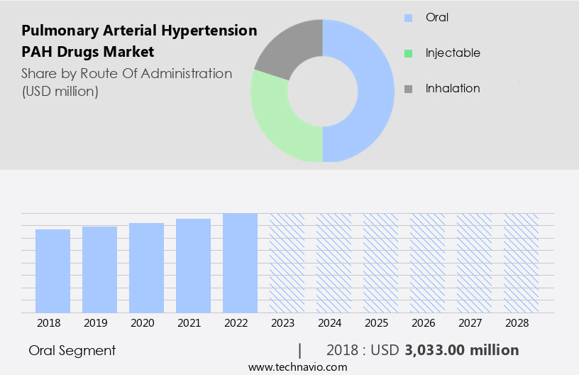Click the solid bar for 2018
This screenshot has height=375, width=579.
[x=53, y=271]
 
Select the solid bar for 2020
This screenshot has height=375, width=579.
[x=146, y=268]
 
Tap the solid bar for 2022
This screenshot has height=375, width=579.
[x=240, y=263]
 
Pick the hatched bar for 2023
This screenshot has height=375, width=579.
[x=287, y=263]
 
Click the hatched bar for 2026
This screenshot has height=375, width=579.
[x=427, y=263]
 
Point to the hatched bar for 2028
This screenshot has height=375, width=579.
[x=521, y=263]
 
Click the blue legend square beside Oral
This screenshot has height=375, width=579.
[x=408, y=18]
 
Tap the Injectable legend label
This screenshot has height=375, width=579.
[x=453, y=53]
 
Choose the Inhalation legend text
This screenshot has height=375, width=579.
[x=453, y=89]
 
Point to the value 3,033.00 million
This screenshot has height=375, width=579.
[x=461, y=350]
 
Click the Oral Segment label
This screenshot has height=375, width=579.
[x=72, y=350]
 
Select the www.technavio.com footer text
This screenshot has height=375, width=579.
[x=297, y=366]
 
